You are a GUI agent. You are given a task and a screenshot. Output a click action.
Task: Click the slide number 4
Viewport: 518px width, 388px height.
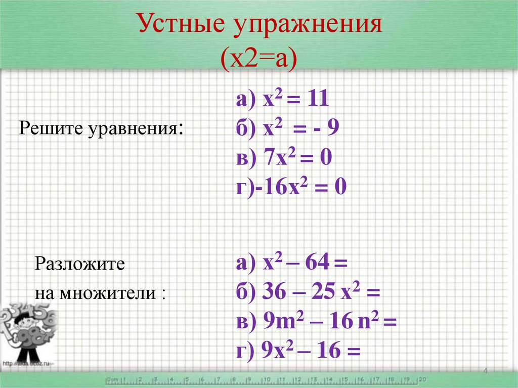click(x=486, y=372)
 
